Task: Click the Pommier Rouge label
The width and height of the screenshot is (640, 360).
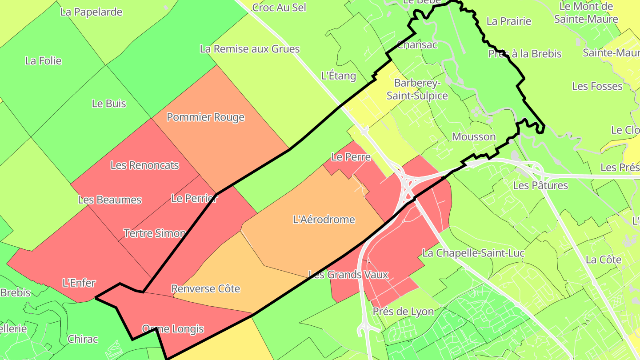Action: click(205, 117)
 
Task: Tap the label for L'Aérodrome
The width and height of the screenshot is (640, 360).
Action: click(324, 219)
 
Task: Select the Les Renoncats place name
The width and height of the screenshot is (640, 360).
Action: click(144, 165)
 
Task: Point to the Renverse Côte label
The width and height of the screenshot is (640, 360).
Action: click(205, 289)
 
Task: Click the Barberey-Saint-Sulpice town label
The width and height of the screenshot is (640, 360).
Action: click(417, 89)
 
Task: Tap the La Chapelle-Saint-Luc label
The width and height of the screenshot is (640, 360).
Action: click(473, 253)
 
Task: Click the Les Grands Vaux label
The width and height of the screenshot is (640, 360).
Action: click(348, 275)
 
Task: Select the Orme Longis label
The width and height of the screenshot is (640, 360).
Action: click(172, 329)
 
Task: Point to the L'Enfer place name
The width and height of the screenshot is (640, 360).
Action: click(79, 283)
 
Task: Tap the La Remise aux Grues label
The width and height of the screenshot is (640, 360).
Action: click(250, 49)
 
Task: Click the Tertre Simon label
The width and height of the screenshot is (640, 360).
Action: click(154, 233)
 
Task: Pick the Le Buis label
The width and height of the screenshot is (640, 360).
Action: click(109, 104)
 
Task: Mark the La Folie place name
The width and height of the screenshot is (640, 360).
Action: click(43, 61)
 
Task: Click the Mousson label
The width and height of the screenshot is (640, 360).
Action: click(474, 136)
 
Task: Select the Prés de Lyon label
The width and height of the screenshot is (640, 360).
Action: click(403, 312)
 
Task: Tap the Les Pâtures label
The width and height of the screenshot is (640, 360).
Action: click(540, 185)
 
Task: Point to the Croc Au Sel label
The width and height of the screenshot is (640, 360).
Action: click(279, 8)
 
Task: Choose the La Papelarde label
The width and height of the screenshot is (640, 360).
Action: click(91, 12)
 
